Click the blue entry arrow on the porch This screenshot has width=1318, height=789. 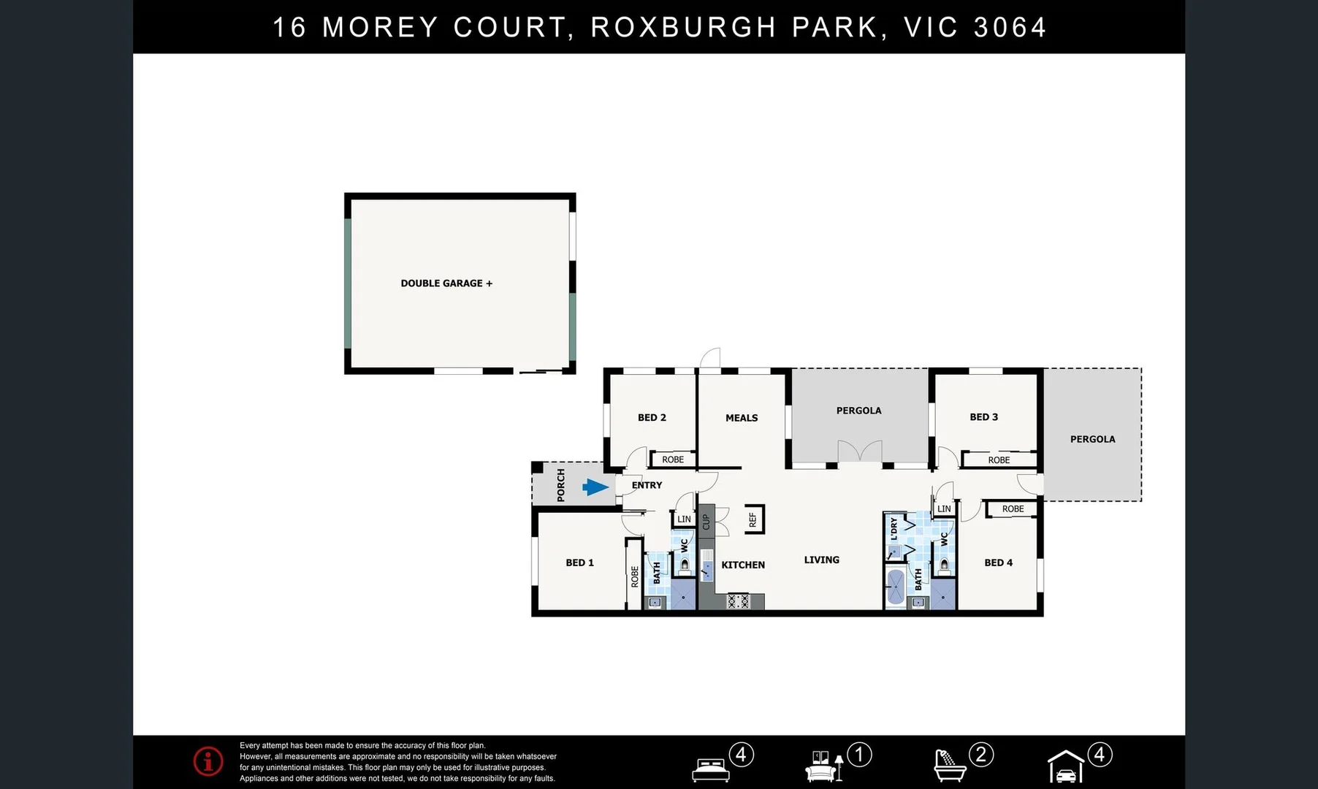click(x=595, y=487)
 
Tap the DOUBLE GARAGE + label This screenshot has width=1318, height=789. click(x=446, y=283)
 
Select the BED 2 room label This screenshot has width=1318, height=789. click(x=652, y=418)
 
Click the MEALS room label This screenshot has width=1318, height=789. click(x=742, y=418)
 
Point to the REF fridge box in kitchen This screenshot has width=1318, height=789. click(x=753, y=519)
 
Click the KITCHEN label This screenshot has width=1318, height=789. click(x=743, y=565)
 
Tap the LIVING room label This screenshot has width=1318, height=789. click(x=821, y=560)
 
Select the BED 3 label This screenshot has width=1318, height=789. click(x=983, y=417)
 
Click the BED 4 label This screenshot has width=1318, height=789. click(x=998, y=563)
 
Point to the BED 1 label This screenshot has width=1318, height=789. click(x=579, y=563)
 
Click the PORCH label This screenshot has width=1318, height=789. click(x=561, y=485)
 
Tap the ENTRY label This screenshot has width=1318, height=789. click(x=647, y=485)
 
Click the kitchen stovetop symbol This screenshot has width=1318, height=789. click(x=738, y=601)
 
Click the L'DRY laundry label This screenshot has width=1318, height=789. click(x=894, y=528)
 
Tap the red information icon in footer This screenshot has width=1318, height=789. click(x=208, y=761)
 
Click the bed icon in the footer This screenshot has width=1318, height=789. click(x=711, y=769)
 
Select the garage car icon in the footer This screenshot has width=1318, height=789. click(x=1066, y=768)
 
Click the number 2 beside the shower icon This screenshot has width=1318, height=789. click(x=980, y=754)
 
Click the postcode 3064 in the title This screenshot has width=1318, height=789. click(x=1010, y=28)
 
